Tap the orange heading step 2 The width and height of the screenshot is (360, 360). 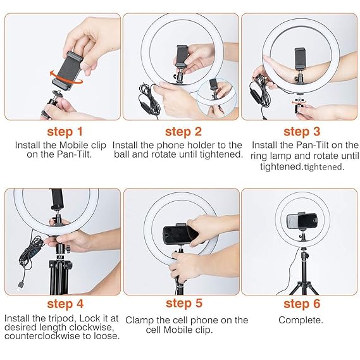click(x=183, y=132)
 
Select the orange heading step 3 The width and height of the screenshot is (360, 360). click(x=301, y=132)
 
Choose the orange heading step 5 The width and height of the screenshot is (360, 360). click(x=183, y=305)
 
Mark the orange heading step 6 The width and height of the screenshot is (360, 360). click(x=301, y=305)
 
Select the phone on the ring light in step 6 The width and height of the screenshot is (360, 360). click(x=301, y=221)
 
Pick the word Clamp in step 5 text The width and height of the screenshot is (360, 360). click(x=140, y=320)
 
